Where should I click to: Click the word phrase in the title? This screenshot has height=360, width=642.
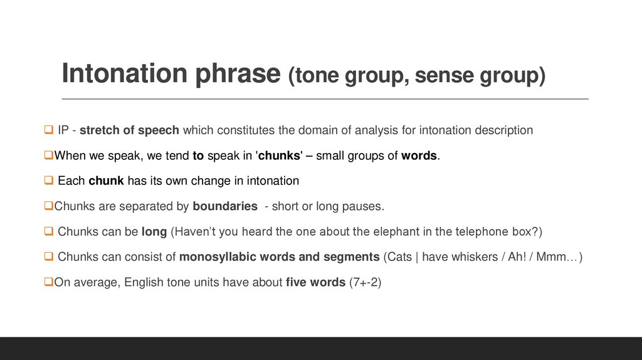(x=241, y=74)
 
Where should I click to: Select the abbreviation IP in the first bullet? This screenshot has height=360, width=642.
(x=63, y=130)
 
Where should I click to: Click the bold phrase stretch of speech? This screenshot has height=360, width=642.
(x=130, y=130)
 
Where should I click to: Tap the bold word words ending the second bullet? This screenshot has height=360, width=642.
(x=419, y=156)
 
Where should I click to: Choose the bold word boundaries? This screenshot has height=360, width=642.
(x=225, y=206)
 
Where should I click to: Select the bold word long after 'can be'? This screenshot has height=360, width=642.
(x=154, y=231)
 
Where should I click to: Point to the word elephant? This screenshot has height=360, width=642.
(x=392, y=231)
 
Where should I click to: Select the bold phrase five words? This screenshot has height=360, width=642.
(x=315, y=282)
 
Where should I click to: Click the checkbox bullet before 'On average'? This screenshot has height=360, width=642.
(x=48, y=282)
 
